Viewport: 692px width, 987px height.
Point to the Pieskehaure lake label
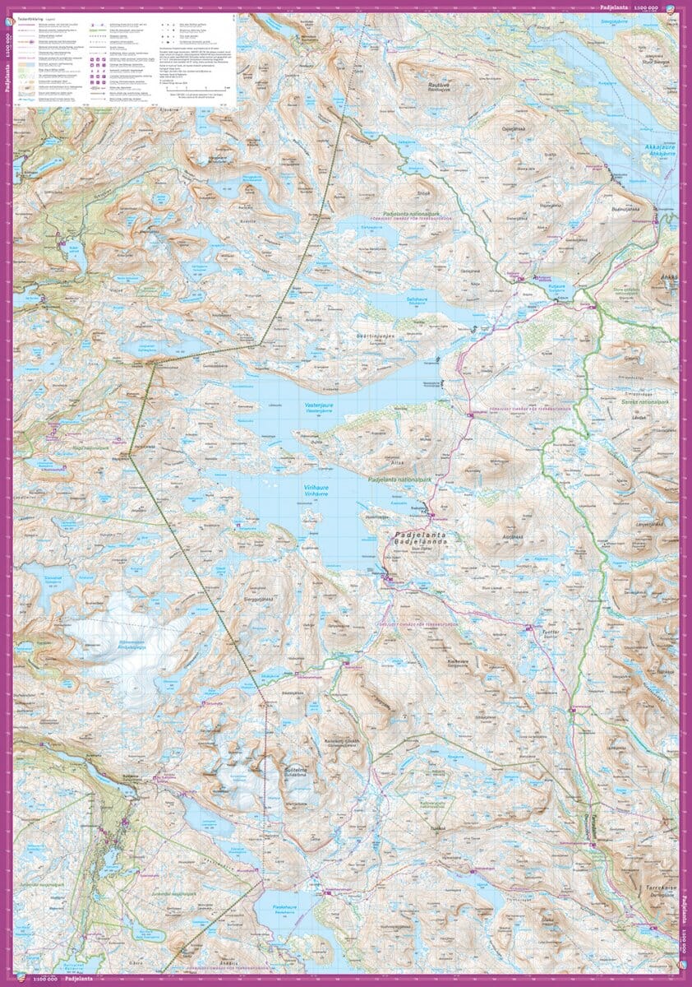(x=284, y=909)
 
